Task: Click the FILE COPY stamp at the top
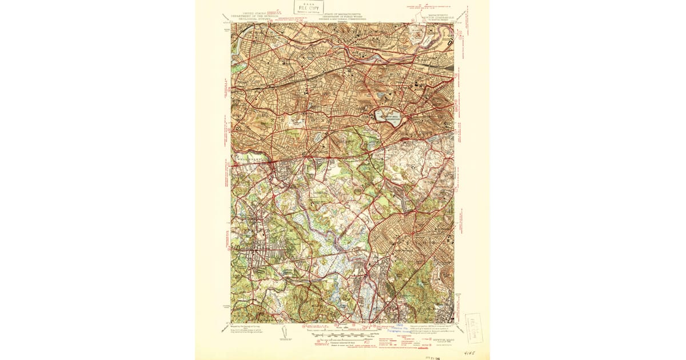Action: (308, 7)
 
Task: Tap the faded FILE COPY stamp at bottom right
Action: (474, 327)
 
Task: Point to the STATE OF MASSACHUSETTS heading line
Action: (343, 12)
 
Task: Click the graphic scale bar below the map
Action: (343, 331)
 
